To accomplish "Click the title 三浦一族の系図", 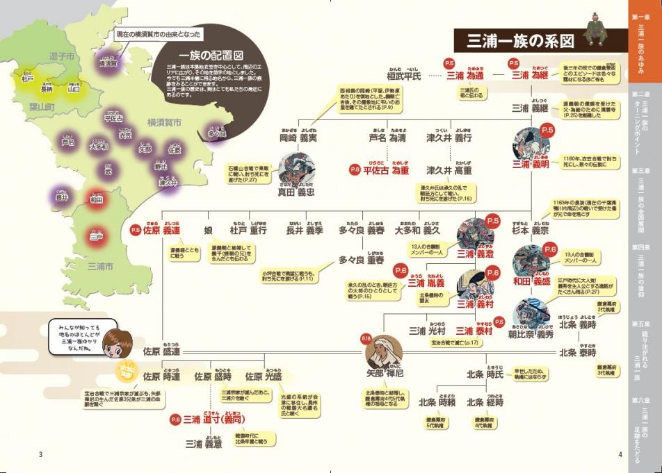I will coord(515,40).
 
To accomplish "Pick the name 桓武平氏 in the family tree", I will coord(404,76).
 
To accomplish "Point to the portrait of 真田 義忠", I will coord(296,168).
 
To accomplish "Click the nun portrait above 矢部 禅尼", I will coord(384,352).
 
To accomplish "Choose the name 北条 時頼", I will coord(436,401).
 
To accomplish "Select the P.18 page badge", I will coord(367,338).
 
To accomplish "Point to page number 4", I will coord(619,455).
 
